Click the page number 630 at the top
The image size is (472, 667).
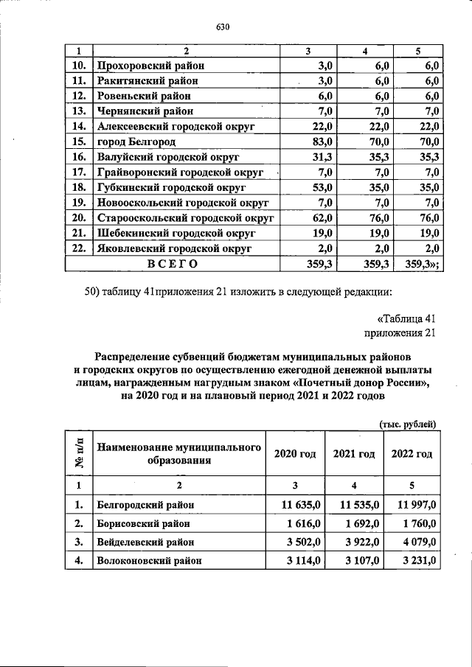pyautogui.click(x=224, y=27)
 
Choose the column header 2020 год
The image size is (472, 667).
pyautogui.click(x=295, y=454)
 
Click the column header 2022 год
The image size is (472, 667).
pyautogui.click(x=412, y=454)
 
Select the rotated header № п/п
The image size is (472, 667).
pyautogui.click(x=79, y=453)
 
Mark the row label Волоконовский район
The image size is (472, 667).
pyautogui.click(x=148, y=561)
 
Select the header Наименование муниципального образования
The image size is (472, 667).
pyautogui.click(x=180, y=454)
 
